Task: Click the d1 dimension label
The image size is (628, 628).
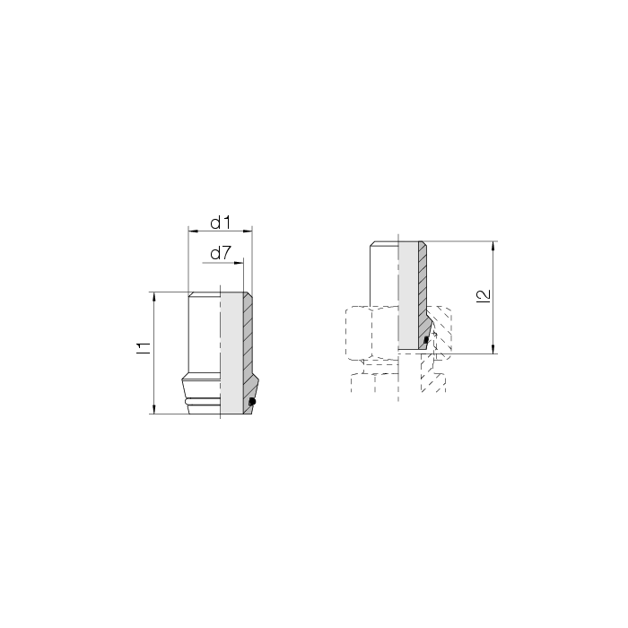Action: click(x=221, y=222)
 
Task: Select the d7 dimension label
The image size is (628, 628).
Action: click(x=221, y=253)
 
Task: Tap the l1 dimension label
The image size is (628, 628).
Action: click(x=144, y=348)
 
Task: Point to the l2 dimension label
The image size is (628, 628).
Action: click(x=484, y=296)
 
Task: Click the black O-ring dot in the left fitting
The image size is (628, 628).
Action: click(x=252, y=401)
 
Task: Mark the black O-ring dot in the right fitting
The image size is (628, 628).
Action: click(x=426, y=340)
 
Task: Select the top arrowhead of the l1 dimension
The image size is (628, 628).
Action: click(x=154, y=297)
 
